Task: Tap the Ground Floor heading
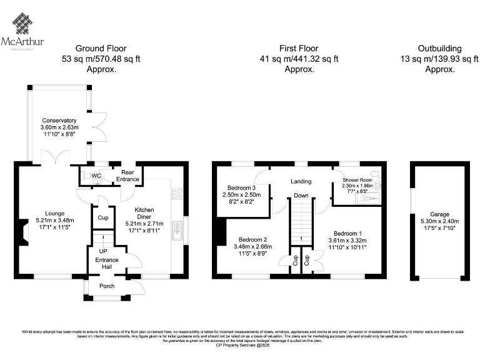(101, 48)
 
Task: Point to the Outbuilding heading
(439, 48)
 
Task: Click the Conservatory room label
(59, 121)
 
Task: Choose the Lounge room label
(46, 214)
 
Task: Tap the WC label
(96, 176)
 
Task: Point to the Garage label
(439, 213)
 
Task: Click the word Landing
(301, 181)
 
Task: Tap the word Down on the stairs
(302, 196)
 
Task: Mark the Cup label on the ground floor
(101, 218)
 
